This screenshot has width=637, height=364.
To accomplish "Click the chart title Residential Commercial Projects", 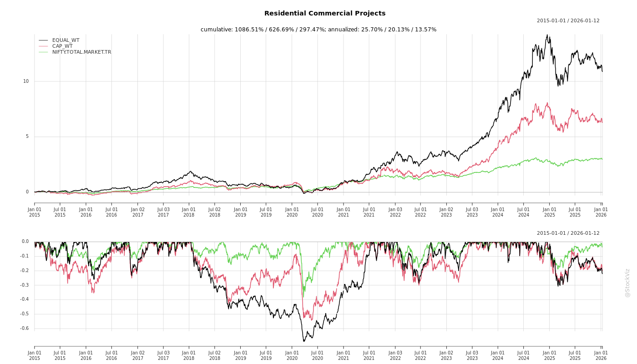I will point(324,14).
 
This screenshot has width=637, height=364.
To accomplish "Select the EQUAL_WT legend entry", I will point(66,40).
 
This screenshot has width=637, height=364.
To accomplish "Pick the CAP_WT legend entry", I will point(62,46).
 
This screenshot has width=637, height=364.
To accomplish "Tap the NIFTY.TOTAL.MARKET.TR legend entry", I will point(81,52).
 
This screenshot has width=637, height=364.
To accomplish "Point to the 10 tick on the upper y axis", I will point(26,81).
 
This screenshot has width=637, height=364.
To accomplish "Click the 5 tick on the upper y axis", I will point(27,136).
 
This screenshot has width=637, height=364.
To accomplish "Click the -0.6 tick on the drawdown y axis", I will point(25,329).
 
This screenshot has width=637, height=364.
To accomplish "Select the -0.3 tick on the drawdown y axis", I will point(25,285).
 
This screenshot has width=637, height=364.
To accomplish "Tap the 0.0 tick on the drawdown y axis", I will point(25,242).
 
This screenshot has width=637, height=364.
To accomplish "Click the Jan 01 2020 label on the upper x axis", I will point(292,212).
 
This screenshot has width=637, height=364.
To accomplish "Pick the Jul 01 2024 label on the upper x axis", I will point(524,212).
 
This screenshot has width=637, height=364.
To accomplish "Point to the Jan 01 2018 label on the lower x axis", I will point(189,355).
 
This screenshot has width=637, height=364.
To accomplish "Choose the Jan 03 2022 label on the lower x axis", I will point(395,355).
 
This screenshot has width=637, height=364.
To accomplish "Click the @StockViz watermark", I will point(627,283).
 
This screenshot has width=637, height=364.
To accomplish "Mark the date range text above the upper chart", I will point(568,21).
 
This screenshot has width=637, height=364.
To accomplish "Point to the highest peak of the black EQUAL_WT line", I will point(547,35).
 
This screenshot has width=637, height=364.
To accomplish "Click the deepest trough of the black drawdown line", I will point(304,341).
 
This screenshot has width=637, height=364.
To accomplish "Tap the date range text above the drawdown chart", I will point(568,233).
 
